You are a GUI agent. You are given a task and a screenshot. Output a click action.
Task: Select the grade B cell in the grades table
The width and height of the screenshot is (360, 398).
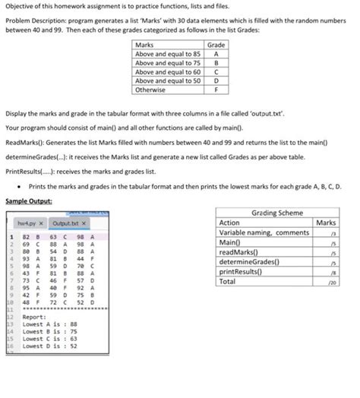click(x=217, y=63)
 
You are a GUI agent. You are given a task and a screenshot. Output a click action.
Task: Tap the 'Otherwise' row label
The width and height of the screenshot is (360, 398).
click(x=150, y=89)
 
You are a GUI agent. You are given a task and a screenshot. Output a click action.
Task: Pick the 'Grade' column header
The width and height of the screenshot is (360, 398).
click(x=217, y=46)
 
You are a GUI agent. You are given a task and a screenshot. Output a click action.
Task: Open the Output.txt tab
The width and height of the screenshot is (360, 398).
click(x=69, y=223)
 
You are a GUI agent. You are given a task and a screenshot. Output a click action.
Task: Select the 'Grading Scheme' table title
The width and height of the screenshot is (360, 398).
click(x=276, y=213)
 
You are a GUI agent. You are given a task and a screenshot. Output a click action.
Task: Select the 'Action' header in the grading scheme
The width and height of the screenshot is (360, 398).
click(x=229, y=223)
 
